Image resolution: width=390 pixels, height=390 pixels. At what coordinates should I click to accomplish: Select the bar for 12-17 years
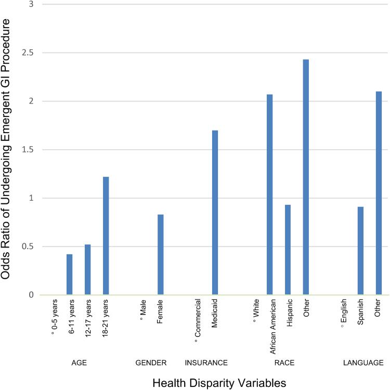click(88, 270)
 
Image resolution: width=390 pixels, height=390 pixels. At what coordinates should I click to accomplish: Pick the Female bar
click(160, 255)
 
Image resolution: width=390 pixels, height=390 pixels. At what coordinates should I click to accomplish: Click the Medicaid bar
click(215, 213)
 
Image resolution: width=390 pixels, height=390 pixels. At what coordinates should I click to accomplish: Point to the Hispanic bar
click(288, 250)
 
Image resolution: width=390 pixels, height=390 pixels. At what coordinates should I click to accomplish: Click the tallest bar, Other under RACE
click(306, 177)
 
